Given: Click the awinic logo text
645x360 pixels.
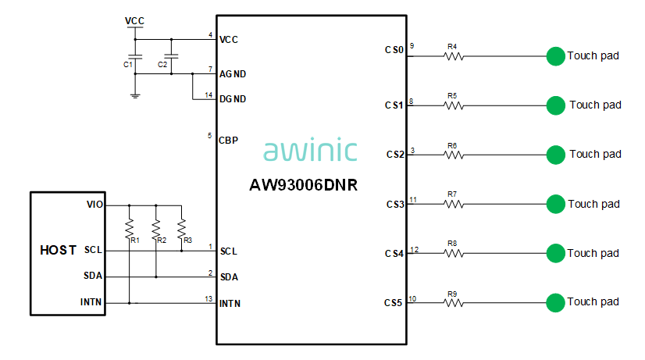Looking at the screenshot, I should (311, 150).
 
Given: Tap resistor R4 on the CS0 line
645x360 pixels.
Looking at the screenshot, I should (453, 56).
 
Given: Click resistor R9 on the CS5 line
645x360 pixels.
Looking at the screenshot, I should (453, 302).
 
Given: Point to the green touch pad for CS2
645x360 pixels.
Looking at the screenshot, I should (555, 154).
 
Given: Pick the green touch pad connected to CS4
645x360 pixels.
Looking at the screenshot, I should (555, 253).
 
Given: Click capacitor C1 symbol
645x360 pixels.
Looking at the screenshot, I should (136, 57).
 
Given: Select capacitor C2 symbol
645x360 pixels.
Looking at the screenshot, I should (173, 57).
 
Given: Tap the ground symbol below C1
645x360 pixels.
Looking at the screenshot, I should (136, 95).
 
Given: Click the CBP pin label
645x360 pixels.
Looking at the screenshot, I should (229, 141).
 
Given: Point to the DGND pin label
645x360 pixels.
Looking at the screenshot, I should (233, 99).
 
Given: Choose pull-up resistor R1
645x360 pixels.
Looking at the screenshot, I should (130, 229).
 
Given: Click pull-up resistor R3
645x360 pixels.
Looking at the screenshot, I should (181, 229).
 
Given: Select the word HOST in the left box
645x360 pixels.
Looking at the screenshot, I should (58, 251).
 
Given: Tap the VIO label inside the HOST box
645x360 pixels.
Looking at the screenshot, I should (94, 205).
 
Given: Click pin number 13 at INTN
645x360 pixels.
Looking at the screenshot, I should (208, 298).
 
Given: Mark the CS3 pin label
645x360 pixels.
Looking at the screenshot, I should (394, 205).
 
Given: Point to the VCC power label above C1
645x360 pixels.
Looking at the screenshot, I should (135, 21).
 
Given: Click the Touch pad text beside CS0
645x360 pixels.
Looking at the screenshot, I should (593, 55).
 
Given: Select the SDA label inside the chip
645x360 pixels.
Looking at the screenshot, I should (230, 277).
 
